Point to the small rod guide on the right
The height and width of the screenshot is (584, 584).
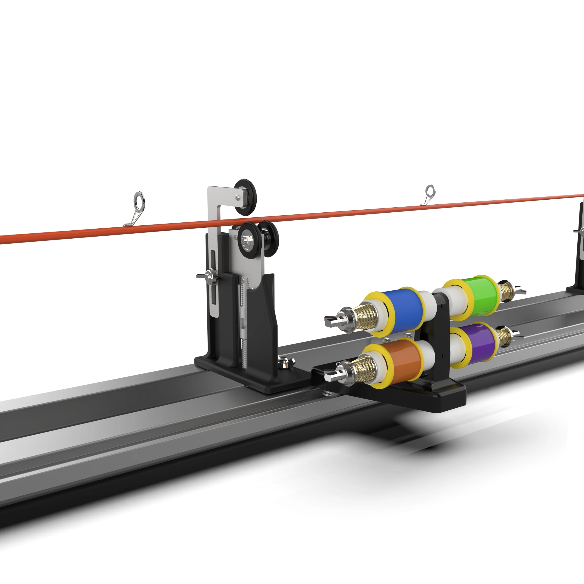point(430,192)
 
